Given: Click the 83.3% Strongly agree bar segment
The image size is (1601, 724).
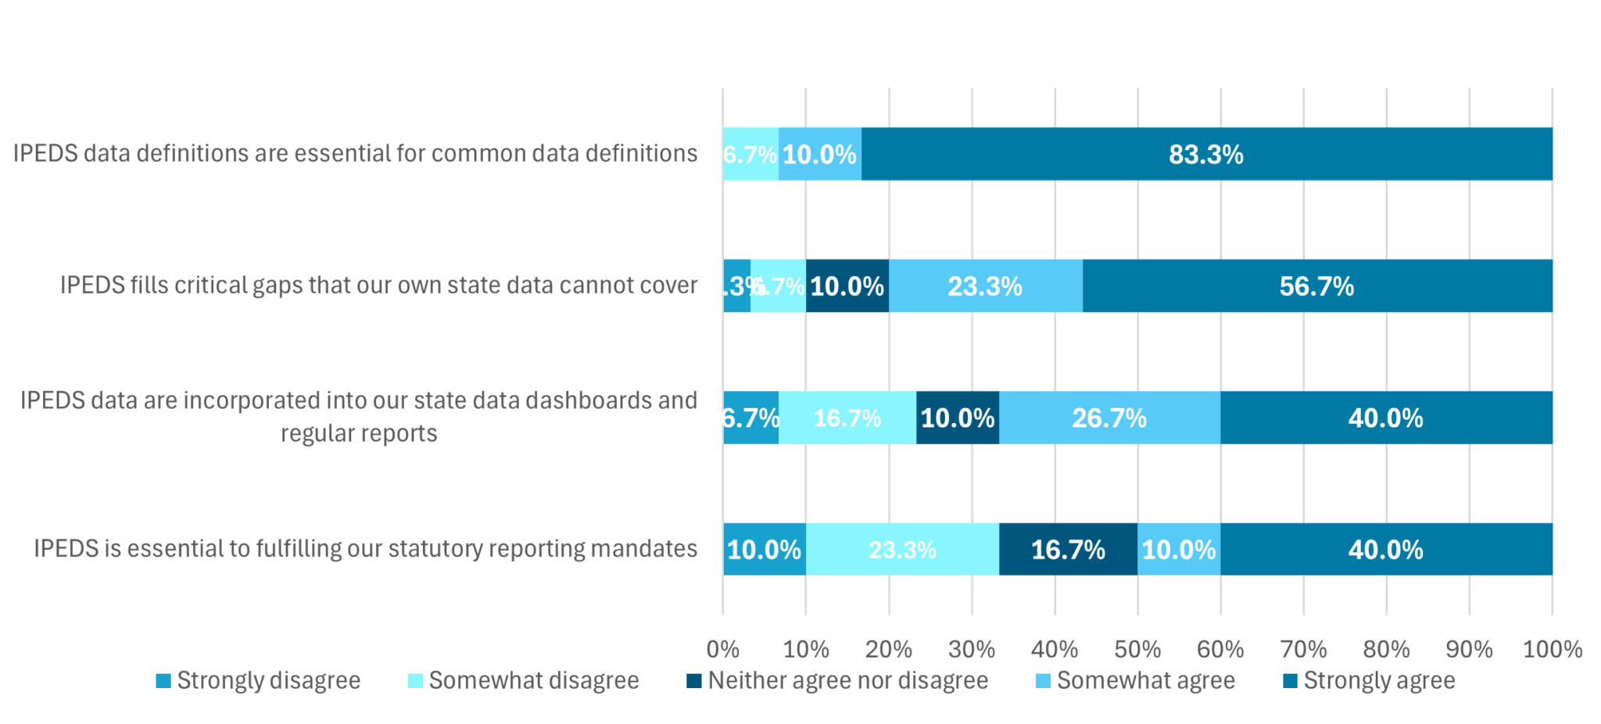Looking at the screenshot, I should (1206, 154).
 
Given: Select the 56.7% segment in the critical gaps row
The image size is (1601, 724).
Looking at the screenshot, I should (1317, 286).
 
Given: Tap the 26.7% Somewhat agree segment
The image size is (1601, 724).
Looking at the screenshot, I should (1109, 418).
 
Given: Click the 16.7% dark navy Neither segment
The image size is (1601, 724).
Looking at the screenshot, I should (1068, 550).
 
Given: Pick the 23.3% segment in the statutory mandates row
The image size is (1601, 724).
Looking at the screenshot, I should (902, 550).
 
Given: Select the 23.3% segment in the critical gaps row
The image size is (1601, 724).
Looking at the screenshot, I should (985, 286).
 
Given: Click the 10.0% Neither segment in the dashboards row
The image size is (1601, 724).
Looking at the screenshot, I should (958, 418).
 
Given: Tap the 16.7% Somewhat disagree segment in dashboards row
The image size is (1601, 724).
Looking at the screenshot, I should (847, 418).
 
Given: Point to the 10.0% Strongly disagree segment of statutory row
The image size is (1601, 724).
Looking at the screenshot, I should (764, 550).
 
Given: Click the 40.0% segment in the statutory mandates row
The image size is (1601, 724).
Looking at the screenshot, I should (1386, 550).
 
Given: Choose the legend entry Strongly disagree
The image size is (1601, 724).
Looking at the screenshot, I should (259, 680).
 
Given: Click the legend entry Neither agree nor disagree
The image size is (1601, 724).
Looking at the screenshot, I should (838, 680).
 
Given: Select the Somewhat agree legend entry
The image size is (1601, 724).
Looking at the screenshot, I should (1136, 680).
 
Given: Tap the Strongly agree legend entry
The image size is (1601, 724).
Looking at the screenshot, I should (1370, 680).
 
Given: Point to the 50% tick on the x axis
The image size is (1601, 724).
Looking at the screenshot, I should (1137, 649).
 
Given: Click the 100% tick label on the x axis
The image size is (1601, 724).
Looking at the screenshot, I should (1552, 649).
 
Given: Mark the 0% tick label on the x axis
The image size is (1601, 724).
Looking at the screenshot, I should (722, 649).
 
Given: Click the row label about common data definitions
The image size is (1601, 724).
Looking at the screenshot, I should (355, 153).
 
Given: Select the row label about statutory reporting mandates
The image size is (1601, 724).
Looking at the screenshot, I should (365, 549).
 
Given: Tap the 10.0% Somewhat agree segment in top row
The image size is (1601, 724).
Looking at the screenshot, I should (819, 154).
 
